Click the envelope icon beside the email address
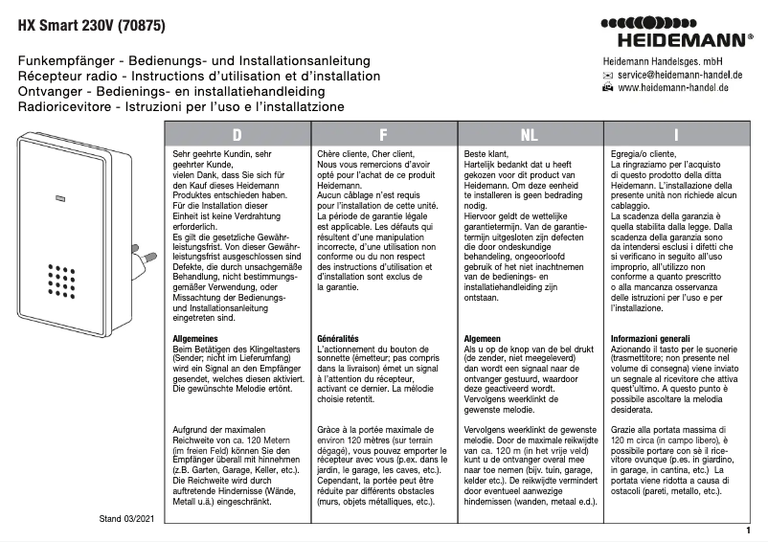[607, 74]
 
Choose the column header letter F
[383, 135]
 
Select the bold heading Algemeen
[484, 339]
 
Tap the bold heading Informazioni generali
[650, 339]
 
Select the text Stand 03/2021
[126, 518]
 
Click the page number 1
[747, 530]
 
